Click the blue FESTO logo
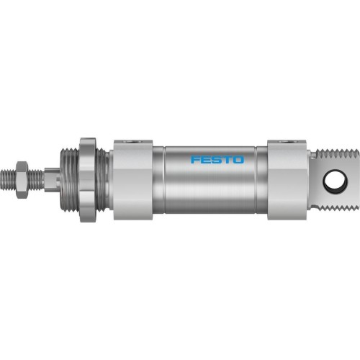click(216, 159)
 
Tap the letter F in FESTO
click(194, 159)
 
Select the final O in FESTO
click(238, 159)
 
